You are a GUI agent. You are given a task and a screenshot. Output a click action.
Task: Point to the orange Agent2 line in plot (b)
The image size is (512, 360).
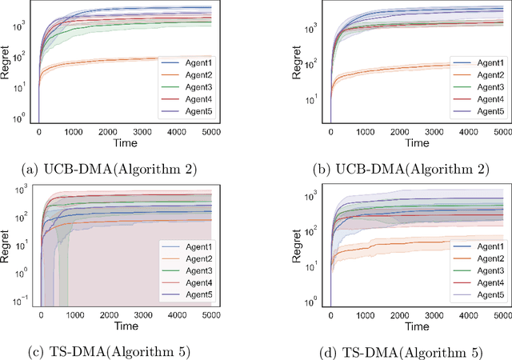click(x=400, y=68)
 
